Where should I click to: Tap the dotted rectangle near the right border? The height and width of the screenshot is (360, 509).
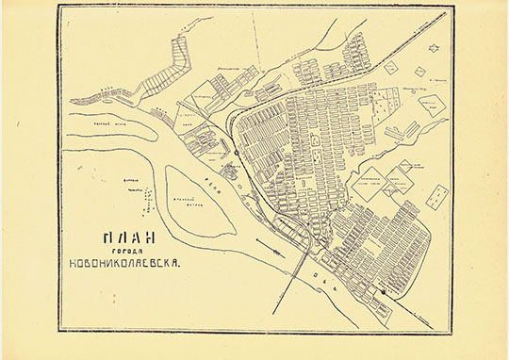pyautogui.click(x=436, y=196)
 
